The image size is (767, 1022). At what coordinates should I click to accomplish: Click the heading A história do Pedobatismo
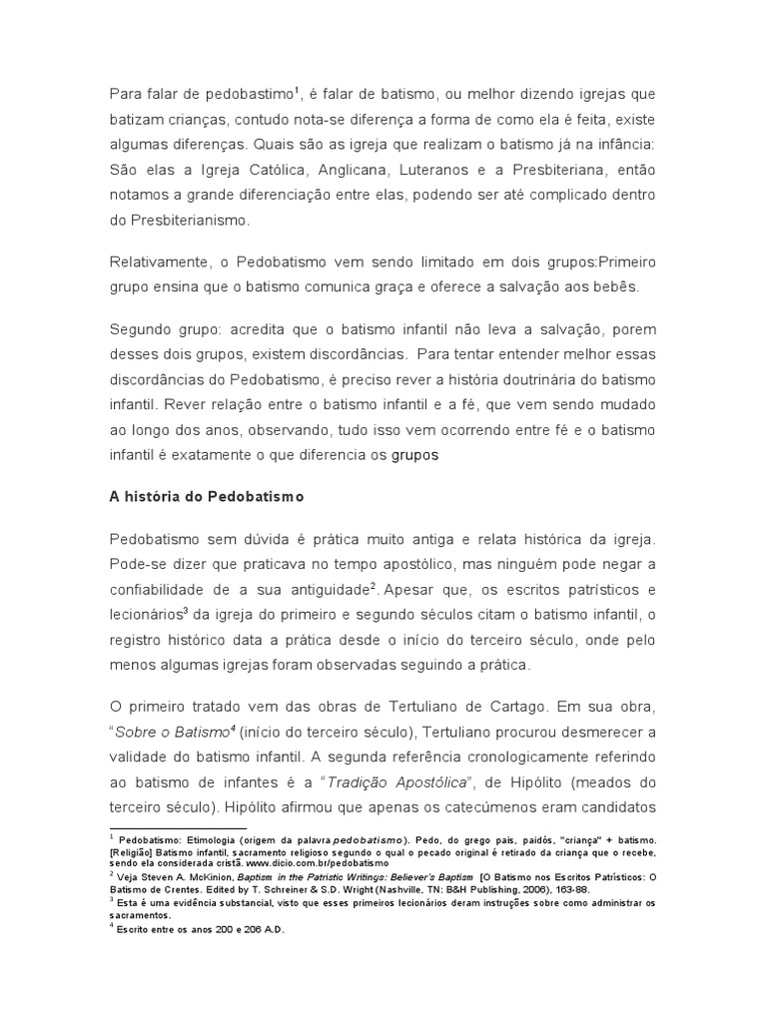point(205,495)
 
